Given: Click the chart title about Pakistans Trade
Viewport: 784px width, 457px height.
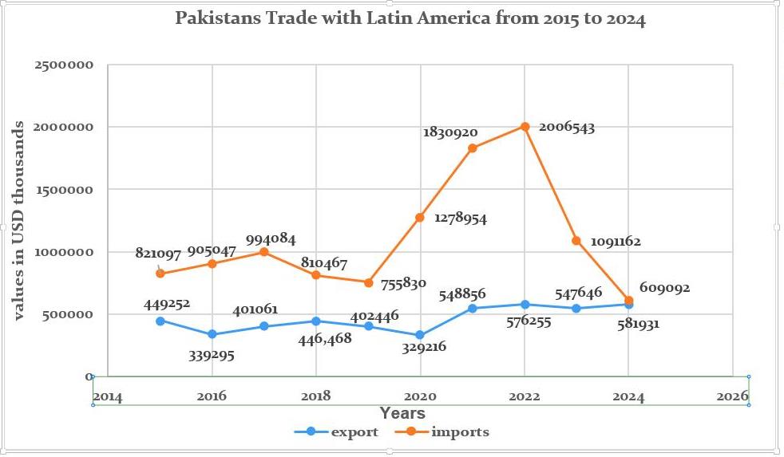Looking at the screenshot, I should click(410, 19).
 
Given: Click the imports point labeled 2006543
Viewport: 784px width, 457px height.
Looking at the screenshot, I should click(525, 126).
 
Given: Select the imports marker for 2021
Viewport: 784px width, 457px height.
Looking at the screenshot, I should click(473, 148).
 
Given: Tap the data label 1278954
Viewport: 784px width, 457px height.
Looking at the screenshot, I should click(461, 218).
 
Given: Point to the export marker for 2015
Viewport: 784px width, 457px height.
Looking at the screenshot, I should click(160, 321).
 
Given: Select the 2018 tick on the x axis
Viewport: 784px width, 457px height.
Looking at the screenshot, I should click(316, 396).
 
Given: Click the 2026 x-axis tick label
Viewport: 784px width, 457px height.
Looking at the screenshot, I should click(732, 396).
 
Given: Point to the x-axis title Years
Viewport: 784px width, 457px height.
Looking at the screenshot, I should click(402, 413).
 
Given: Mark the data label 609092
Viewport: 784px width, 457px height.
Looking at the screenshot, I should click(663, 288).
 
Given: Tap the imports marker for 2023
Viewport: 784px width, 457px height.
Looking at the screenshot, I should click(576, 241).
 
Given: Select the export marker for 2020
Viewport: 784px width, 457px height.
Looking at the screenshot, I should click(420, 336).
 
